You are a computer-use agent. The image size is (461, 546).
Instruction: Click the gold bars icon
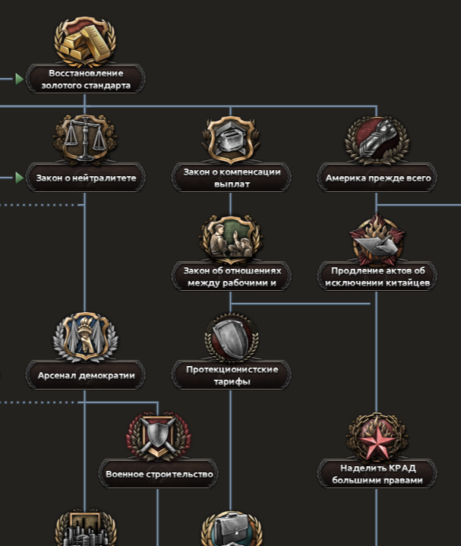(85, 43)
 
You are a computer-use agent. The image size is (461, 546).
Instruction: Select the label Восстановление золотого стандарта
(85, 79)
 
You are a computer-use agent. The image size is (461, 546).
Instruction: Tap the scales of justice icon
(85, 139)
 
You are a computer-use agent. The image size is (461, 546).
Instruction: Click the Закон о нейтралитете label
(85, 178)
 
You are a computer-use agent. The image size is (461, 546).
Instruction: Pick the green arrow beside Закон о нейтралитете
(19, 178)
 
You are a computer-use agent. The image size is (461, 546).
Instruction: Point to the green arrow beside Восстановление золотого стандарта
(19, 78)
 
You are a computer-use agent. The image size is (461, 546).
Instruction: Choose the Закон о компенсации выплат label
(232, 178)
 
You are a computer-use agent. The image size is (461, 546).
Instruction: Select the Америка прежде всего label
(377, 178)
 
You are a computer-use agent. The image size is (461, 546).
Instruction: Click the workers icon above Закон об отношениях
(231, 238)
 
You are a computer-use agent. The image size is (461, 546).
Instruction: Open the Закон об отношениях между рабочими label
(232, 276)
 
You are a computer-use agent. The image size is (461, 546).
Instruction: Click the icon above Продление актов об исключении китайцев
(377, 238)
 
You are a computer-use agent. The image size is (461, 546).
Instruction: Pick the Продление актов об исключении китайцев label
(377, 276)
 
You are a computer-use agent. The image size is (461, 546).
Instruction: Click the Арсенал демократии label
(85, 375)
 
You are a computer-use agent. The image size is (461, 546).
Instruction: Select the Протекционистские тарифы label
(232, 375)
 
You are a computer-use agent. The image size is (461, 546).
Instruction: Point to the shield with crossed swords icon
(158, 436)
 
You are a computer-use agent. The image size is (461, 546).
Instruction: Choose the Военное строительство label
(158, 474)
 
